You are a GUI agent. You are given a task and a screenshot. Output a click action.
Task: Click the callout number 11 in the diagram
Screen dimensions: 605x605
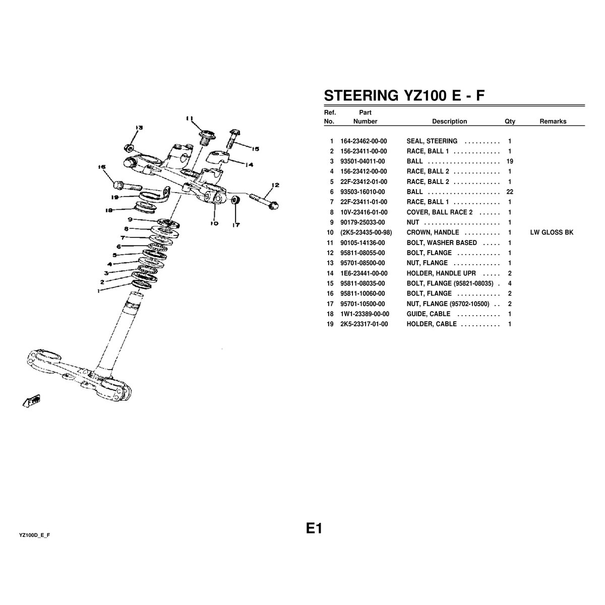point(190,118)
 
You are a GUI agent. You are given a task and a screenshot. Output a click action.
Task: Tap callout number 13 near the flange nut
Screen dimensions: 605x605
point(139,128)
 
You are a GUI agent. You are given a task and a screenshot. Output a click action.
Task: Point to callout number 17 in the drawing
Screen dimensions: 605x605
point(236,225)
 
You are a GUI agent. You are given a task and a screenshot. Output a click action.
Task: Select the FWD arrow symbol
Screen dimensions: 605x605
point(32,401)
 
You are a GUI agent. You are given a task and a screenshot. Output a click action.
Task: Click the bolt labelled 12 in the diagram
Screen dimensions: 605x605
point(264,201)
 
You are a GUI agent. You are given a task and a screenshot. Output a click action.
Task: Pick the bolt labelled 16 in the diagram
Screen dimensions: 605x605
point(127,186)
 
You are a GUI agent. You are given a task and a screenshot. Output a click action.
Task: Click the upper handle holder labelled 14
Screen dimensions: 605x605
point(219,156)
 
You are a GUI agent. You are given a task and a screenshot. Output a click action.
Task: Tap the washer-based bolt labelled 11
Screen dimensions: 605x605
point(207,138)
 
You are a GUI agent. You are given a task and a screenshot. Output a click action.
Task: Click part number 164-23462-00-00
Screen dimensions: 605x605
point(364,141)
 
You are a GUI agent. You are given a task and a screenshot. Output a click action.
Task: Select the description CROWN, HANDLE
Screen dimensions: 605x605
point(433,232)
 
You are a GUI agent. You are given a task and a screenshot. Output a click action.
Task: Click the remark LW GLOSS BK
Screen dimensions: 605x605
point(552,232)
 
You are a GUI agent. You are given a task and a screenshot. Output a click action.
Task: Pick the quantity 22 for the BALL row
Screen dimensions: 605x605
point(510,192)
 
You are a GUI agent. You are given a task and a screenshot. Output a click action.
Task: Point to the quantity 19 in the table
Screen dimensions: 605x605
point(510,161)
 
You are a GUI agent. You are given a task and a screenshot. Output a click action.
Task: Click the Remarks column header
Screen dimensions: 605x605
point(553,121)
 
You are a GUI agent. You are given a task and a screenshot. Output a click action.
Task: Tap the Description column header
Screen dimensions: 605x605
point(449,121)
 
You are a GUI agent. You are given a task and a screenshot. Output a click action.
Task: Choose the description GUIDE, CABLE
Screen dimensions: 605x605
point(428,314)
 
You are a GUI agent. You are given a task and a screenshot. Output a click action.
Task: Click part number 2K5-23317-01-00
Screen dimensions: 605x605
point(364,324)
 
